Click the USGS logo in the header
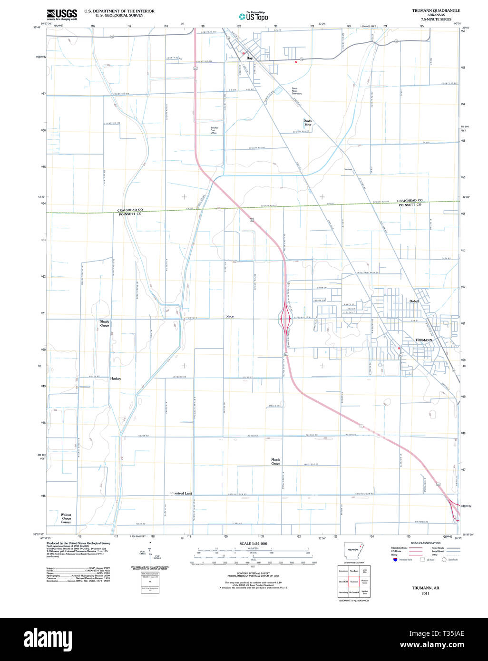coord(62,14)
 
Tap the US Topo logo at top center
coord(253,17)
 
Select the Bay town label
coord(249,58)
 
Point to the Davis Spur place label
coord(308,123)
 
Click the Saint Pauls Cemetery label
coord(297,91)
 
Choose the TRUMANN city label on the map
coord(423,340)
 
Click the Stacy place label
coord(230,316)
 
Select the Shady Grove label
coord(105,323)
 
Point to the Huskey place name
coord(116,379)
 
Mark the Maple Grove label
coord(276,461)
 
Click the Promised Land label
coord(181,493)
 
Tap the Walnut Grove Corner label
coord(66,518)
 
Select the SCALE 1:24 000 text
coord(253,544)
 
